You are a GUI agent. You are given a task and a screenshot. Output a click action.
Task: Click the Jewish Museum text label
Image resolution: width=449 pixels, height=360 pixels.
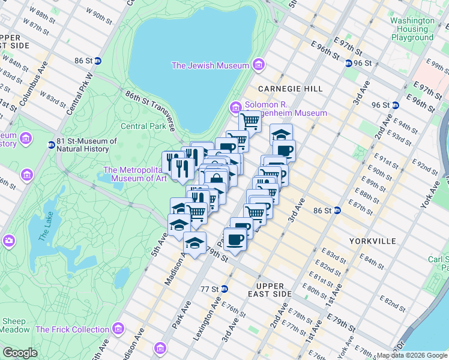pos(210,65)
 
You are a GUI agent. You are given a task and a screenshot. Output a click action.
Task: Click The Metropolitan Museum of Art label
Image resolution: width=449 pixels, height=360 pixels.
pos(136,173)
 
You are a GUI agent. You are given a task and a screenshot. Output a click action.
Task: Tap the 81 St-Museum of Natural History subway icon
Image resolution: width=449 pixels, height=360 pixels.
pos(51,145)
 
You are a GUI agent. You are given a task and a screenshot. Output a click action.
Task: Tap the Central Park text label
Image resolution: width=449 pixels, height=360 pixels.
pos(143,126)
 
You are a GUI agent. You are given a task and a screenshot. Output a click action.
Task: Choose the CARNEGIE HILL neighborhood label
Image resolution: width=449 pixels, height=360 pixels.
pos(291,89)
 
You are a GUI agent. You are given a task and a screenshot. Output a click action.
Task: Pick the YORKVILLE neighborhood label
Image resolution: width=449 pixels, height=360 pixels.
pos(372,241)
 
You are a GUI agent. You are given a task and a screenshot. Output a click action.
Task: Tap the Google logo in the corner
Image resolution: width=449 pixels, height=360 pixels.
pos(20,352)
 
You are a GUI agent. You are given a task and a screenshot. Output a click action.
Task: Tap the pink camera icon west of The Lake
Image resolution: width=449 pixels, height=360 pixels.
pos(8,241)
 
